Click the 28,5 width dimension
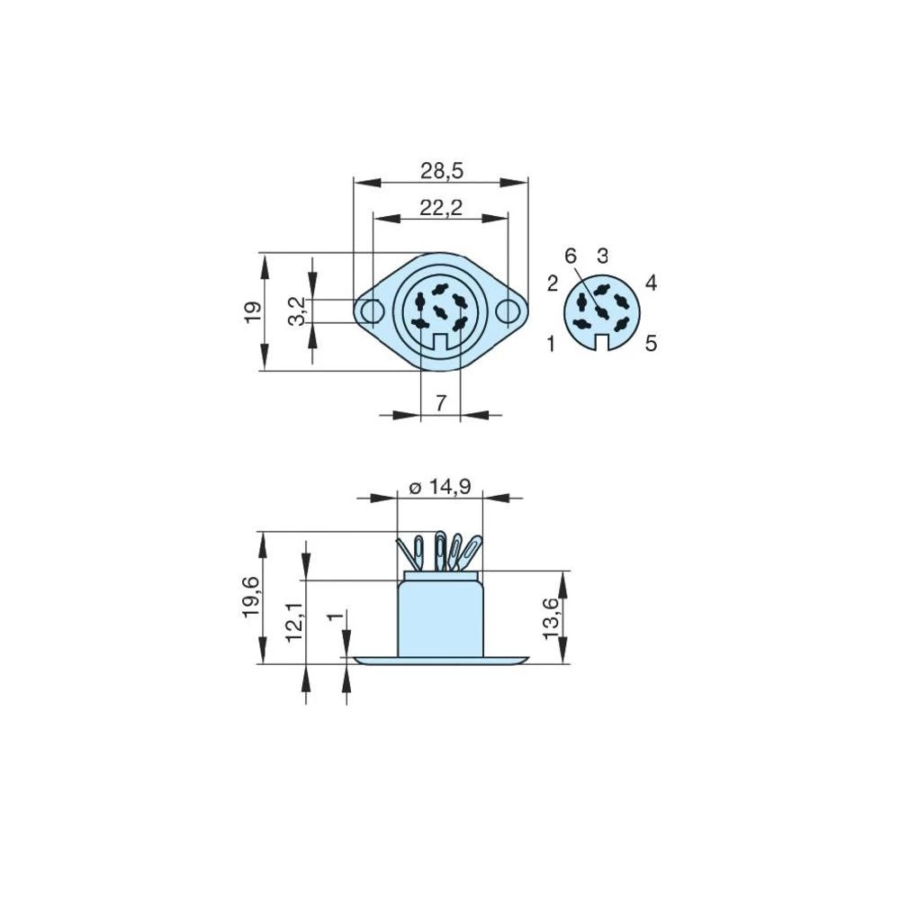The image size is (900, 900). click(441, 171)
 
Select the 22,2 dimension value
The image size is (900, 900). click(441, 208)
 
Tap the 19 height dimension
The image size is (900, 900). click(253, 311)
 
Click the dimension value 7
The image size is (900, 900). click(441, 403)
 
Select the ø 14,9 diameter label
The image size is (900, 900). click(439, 487)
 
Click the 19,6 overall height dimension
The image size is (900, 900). click(251, 598)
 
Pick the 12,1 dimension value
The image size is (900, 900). click(294, 621)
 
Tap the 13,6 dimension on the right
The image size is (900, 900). click(552, 618)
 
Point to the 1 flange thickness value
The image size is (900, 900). click(335, 617)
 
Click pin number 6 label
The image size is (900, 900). click(571, 256)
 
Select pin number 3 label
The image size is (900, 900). click(603, 256)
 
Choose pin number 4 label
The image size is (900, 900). click(651, 283)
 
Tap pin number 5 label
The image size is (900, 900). click(650, 343)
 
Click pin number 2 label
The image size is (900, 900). click(553, 284)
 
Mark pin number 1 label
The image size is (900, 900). click(551, 343)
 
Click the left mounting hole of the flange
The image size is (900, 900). click(370, 311)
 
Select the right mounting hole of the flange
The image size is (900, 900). click(509, 311)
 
